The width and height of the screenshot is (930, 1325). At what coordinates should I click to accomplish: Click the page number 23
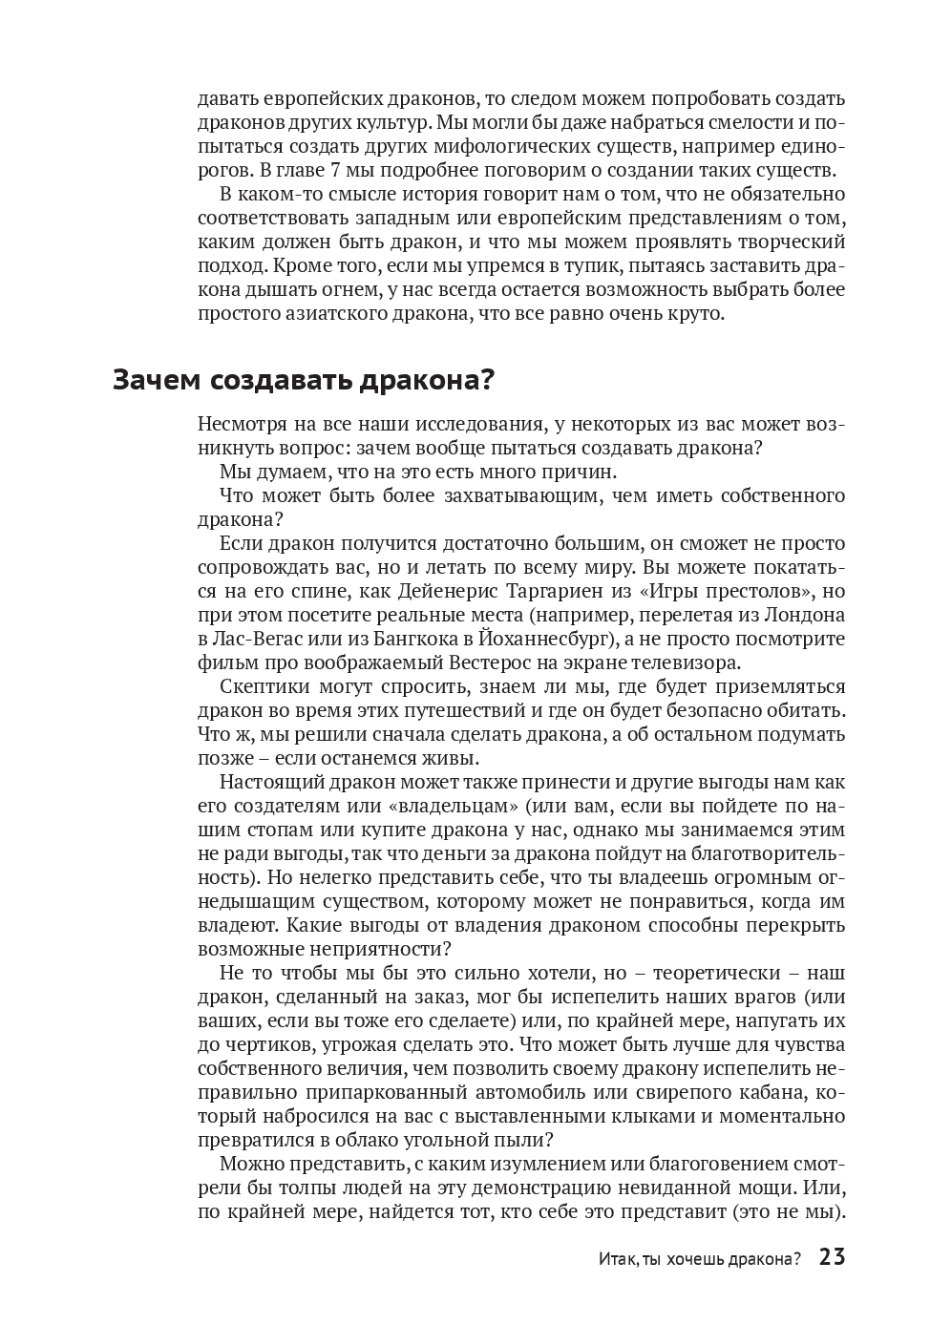point(832,1257)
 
